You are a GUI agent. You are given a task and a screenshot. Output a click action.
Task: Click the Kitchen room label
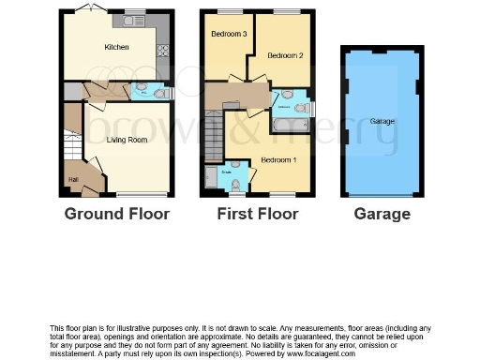pyautogui.click(x=116, y=47)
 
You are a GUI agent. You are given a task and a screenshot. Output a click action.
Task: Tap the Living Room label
pyautogui.click(x=127, y=140)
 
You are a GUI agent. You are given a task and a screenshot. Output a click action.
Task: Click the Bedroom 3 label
pyautogui.click(x=228, y=35)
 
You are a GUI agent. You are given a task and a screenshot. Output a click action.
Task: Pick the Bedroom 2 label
pyautogui.click(x=285, y=55)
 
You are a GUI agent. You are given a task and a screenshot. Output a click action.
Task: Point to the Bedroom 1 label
pyautogui.click(x=278, y=159)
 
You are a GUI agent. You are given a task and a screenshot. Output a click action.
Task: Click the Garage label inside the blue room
pyautogui.click(x=382, y=122)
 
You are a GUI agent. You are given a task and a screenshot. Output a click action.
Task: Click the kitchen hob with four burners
pyautogui.click(x=163, y=50)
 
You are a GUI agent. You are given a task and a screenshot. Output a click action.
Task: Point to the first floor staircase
pyautogui.click(x=214, y=137)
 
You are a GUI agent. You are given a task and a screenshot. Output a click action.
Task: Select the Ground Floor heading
pyautogui.click(x=117, y=214)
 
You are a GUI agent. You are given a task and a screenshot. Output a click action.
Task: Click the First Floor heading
pyautogui.click(x=257, y=214)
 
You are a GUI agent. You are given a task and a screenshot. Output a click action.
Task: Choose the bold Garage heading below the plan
pyautogui.click(x=382, y=214)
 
